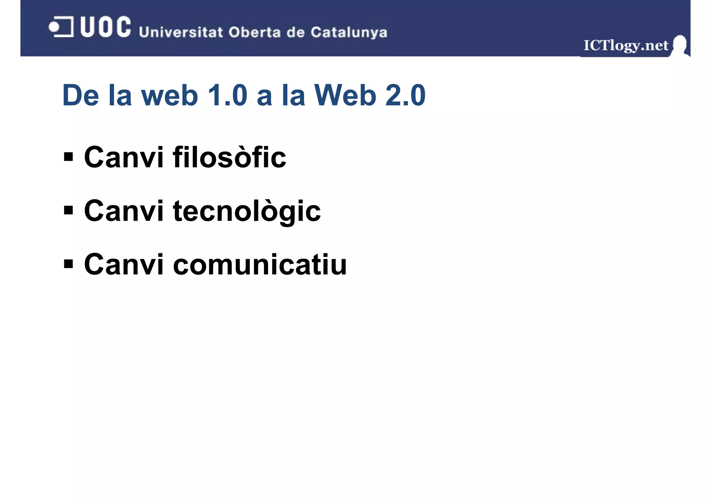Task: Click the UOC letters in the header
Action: pos(106,27)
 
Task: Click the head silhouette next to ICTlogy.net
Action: pos(679,45)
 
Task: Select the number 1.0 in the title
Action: pos(227,95)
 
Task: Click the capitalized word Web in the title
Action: pos(345,95)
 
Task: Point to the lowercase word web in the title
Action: pos(169,96)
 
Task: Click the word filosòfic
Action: pos(229,157)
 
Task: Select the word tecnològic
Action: pos(247,212)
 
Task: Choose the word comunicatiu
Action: pos(260,265)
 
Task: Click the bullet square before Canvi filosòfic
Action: pos(68,157)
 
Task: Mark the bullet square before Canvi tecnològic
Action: pos(68,210)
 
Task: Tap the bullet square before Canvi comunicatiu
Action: pos(68,264)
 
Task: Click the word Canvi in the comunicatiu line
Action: pos(124,265)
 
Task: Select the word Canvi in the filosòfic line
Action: pos(124,158)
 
